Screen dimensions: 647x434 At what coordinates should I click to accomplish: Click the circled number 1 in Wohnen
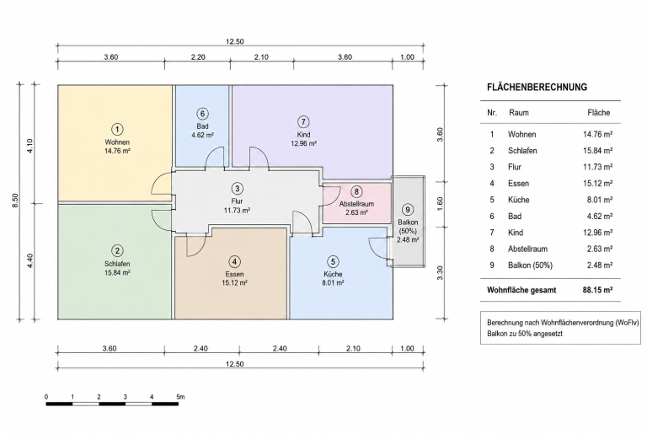pyautogui.click(x=118, y=129)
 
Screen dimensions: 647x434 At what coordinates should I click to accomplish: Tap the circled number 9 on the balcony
pyautogui.click(x=408, y=210)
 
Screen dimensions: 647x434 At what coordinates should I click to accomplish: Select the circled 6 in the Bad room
pyautogui.click(x=202, y=114)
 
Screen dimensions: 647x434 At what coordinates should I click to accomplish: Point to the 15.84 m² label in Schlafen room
pyautogui.click(x=118, y=272)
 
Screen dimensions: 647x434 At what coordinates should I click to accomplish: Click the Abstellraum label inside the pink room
pyautogui.click(x=356, y=204)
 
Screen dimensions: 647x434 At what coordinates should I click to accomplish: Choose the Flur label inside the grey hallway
pyautogui.click(x=237, y=201)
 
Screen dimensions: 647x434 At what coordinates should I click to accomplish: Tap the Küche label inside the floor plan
pyautogui.click(x=333, y=274)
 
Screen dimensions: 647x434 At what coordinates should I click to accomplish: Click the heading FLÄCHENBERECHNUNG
pyautogui.click(x=537, y=87)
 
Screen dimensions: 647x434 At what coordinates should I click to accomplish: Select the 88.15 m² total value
pyautogui.click(x=597, y=290)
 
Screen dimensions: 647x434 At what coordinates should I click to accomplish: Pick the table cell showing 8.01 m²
pyautogui.click(x=600, y=200)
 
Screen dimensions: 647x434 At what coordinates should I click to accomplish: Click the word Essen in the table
pyautogui.click(x=518, y=184)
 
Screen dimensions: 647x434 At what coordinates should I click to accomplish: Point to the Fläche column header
pyautogui.click(x=598, y=113)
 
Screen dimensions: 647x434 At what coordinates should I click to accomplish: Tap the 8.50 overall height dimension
pyautogui.click(x=15, y=201)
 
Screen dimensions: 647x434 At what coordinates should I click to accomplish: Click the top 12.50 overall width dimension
pyautogui.click(x=234, y=41)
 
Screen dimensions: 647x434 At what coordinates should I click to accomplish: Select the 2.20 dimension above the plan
pyautogui.click(x=198, y=57)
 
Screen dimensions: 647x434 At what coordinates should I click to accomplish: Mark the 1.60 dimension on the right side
pyautogui.click(x=440, y=204)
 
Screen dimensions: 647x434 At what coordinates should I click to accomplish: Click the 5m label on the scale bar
pyautogui.click(x=180, y=397)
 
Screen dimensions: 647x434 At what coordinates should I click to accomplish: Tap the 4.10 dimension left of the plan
pyautogui.click(x=29, y=145)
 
